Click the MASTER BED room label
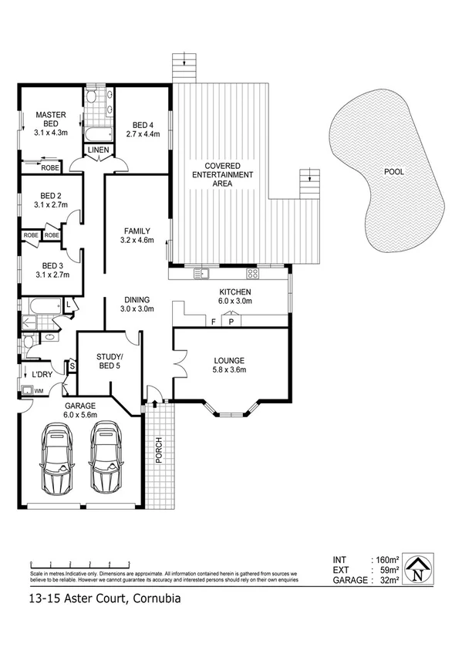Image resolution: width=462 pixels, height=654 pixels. coord(51,120)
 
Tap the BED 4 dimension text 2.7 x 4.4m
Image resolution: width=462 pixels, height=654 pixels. coord(144,133)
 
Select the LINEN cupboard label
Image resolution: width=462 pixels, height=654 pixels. coord(98,150)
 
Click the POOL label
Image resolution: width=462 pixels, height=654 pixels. coord(393,171)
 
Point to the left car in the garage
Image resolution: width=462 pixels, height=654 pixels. coord(57,461)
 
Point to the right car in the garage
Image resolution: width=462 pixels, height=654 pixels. coord(106,461)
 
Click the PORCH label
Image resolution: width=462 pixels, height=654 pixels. coord(157,454)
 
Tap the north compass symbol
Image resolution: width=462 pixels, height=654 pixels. coord(417,569)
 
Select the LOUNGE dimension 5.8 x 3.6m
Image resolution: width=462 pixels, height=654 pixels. coord(230,369)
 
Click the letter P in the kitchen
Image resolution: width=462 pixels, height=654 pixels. coord(231,322)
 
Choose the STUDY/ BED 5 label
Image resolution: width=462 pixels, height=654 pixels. coord(109,361)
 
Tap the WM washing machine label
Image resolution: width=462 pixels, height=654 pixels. coord(39,391)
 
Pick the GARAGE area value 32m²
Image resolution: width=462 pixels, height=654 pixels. coord(387,579)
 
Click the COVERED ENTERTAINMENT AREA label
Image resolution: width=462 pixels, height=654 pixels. coord(222,175)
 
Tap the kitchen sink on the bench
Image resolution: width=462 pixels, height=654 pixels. coord(204,273)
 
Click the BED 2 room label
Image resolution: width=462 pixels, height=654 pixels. coord(52,201)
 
